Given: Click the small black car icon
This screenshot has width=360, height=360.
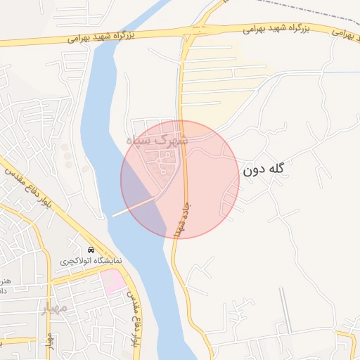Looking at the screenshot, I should click(90, 250).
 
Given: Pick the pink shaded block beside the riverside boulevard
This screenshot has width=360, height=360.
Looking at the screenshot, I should click(113, 283).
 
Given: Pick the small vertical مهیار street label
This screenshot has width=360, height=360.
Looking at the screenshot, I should click(49, 338).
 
